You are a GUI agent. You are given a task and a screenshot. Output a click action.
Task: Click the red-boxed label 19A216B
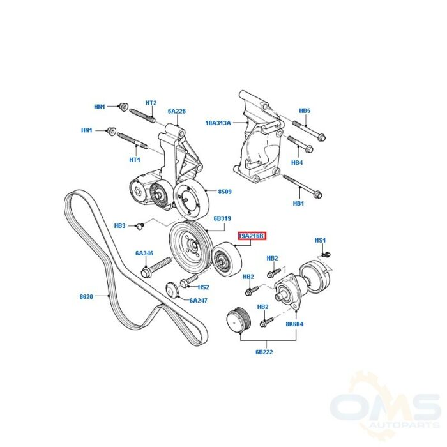[x=252, y=236]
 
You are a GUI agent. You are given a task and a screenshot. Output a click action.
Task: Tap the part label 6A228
[x=177, y=111]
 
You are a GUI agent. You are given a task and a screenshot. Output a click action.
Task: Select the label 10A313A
[x=218, y=123]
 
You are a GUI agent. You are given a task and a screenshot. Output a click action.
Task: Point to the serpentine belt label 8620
[x=86, y=296]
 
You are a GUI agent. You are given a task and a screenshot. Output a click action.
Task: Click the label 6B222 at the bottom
[x=264, y=352]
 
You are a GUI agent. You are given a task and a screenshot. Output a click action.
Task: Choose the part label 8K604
[x=295, y=324]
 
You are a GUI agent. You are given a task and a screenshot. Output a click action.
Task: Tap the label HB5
[x=305, y=110]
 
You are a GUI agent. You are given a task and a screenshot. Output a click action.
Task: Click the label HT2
[x=151, y=103]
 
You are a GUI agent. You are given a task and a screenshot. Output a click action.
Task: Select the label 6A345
[x=144, y=253]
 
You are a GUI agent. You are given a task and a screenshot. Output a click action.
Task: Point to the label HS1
[x=320, y=240]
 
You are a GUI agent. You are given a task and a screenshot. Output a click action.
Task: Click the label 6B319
[x=222, y=218]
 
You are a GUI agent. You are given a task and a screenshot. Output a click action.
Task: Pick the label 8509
[x=225, y=192]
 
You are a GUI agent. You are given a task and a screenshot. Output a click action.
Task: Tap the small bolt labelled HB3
[x=140, y=226]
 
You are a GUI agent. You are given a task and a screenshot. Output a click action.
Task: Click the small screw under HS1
[x=326, y=254]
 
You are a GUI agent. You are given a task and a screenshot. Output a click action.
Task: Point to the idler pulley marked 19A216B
[x=227, y=260]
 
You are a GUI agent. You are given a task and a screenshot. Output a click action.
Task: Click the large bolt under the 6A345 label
[x=156, y=266]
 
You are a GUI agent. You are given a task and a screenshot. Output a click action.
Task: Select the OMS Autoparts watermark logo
[x=386, y=410]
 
